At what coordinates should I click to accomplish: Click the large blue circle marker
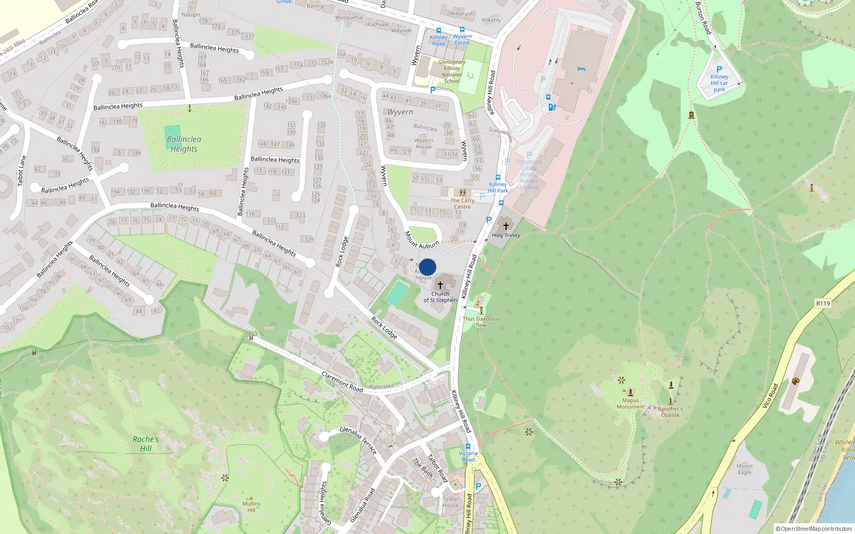[x=428, y=267]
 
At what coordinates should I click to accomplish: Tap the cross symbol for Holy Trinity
[x=506, y=226]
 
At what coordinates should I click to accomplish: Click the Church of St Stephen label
[x=440, y=297]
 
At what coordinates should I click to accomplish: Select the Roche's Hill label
[x=146, y=444]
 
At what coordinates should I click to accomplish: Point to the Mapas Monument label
[x=631, y=404]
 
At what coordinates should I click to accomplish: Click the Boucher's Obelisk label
[x=670, y=412]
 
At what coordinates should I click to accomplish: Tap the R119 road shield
[x=823, y=303]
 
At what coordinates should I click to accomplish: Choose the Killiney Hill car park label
[x=719, y=83]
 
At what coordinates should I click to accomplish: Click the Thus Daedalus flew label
[x=481, y=321]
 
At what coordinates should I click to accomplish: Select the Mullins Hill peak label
[x=251, y=506]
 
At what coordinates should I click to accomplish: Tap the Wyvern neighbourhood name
[x=400, y=112]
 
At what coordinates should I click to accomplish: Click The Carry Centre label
[x=462, y=203]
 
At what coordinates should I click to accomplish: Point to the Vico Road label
[x=770, y=396]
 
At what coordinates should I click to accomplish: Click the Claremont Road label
[x=343, y=382]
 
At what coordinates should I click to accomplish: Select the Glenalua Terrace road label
[x=358, y=439]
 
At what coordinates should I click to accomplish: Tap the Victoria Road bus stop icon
[x=468, y=446]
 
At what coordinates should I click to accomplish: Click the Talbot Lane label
[x=21, y=171]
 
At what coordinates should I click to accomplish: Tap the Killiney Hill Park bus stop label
[x=498, y=187]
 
